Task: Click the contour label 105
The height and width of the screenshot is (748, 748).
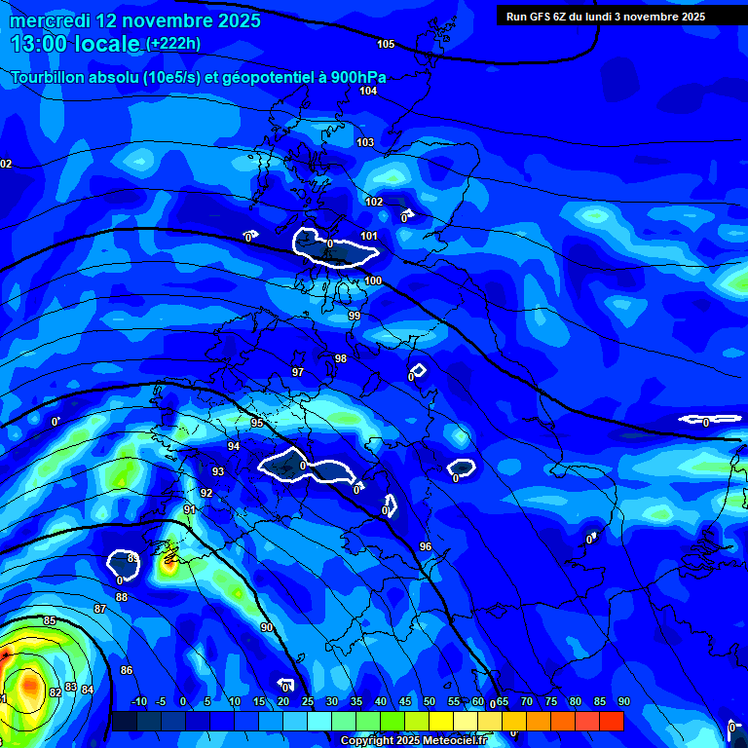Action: [x=386, y=44]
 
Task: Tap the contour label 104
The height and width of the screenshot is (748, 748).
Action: [x=367, y=91]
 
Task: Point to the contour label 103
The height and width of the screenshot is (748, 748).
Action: [x=365, y=142]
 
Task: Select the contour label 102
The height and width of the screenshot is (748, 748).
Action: [x=374, y=202]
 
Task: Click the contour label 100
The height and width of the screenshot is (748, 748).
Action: [x=373, y=280]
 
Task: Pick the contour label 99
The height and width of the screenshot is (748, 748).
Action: [x=355, y=316]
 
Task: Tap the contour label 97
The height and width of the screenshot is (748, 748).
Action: [x=298, y=372]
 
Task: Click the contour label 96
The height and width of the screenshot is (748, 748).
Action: [x=425, y=546]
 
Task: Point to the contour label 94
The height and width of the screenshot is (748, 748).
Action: [x=234, y=446]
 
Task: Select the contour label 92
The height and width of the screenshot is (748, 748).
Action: [x=206, y=493]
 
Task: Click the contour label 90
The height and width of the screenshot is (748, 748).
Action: [x=266, y=627]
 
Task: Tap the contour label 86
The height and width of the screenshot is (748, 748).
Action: [x=127, y=670]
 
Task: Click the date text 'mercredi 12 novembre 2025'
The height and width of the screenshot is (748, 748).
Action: [x=135, y=20]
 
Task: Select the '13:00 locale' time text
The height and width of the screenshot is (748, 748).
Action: [x=75, y=44]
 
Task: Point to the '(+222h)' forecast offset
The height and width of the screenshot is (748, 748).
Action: [x=173, y=44]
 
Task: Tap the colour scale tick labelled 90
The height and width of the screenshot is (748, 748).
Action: [x=624, y=701]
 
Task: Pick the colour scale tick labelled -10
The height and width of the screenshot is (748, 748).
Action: [x=138, y=701]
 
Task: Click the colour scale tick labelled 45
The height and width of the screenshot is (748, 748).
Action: [x=405, y=701]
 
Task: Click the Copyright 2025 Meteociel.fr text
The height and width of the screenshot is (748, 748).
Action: [x=413, y=740]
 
